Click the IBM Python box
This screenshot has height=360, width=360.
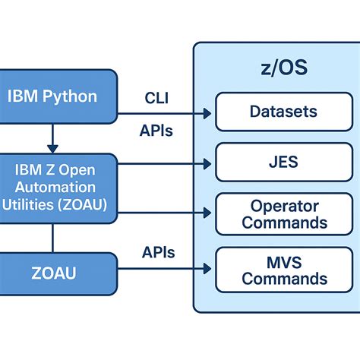click(52, 96)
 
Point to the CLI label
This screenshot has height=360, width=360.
click(156, 97)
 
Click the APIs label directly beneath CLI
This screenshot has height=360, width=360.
click(156, 131)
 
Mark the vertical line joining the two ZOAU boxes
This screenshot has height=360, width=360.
click(52, 238)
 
